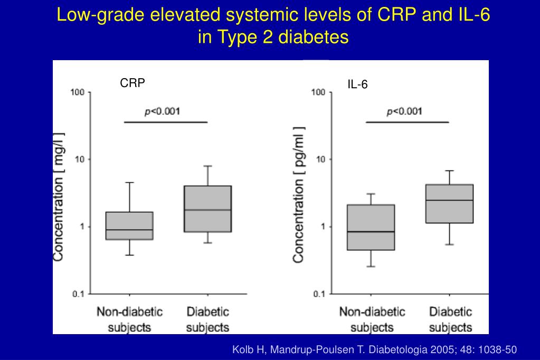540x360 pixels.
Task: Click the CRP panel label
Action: pos(132,83)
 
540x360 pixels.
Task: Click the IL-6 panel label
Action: pos(357,84)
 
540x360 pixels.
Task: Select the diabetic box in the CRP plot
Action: pos(208,209)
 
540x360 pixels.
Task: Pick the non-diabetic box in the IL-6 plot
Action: pos(371,227)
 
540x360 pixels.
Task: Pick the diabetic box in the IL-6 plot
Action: pos(450,204)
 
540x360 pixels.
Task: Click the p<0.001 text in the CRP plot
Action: pos(163,111)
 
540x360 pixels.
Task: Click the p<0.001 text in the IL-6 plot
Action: pos(404,111)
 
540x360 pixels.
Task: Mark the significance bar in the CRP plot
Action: pos(166,122)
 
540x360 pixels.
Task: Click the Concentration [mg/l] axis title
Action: pos(59,196)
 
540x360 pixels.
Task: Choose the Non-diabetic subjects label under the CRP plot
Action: pos(129,319)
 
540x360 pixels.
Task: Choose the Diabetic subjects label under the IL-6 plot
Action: pos(450,319)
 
